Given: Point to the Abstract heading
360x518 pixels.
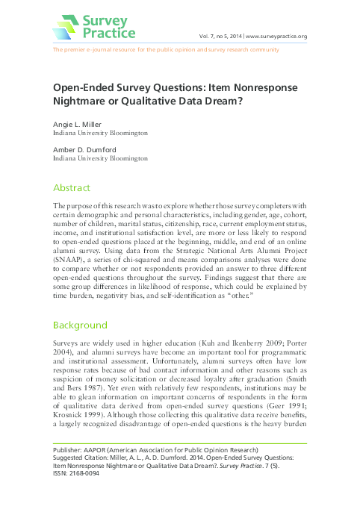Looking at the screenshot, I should [x=71, y=188].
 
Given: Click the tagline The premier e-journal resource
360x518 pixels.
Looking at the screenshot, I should [x=97, y=50].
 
